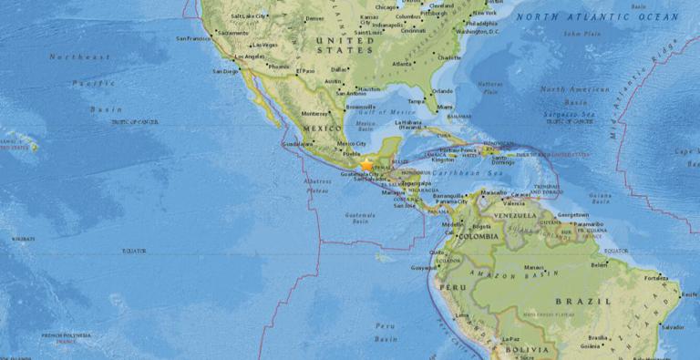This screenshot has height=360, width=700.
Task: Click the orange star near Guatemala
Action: (367, 165)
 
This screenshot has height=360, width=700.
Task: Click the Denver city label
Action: (314, 18)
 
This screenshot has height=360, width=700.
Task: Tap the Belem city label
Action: (599, 265)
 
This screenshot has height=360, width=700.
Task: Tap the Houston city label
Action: (368, 88)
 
